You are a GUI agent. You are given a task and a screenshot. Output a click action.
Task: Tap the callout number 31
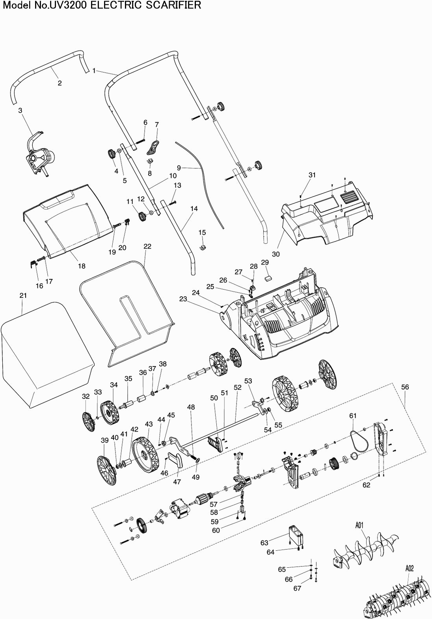tap(312, 175)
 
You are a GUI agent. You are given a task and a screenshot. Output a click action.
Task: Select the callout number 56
tap(405, 387)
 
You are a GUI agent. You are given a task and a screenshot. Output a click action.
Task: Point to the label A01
tap(359, 525)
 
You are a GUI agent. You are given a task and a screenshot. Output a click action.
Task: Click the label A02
tap(409, 569)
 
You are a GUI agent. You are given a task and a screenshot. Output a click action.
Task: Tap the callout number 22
tap(147, 246)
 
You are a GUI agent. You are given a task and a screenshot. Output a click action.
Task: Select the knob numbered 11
tap(142, 216)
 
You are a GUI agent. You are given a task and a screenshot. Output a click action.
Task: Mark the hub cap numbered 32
tap(89, 422)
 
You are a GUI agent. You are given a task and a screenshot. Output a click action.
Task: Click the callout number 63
tap(264, 543)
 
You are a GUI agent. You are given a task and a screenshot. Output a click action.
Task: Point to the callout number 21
tap(22, 295)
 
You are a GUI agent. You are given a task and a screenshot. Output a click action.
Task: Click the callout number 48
tap(191, 407)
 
